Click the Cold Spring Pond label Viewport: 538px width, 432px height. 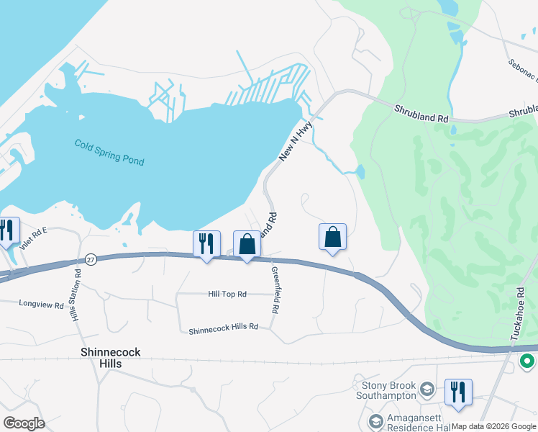tap(109, 152)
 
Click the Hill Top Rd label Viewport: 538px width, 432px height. tap(227, 294)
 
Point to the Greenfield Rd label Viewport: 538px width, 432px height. tap(274, 290)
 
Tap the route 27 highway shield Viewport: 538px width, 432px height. tap(90, 259)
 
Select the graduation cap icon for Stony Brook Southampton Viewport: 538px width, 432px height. tap(427, 390)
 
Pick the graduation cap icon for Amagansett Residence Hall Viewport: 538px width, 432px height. tap(375, 420)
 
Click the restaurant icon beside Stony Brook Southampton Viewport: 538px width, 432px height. tap(458, 391)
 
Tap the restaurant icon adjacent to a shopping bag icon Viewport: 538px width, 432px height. tap(206, 243)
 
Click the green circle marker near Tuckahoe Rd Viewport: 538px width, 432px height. tap(527, 361)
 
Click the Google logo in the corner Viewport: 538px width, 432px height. tap(24, 423)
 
